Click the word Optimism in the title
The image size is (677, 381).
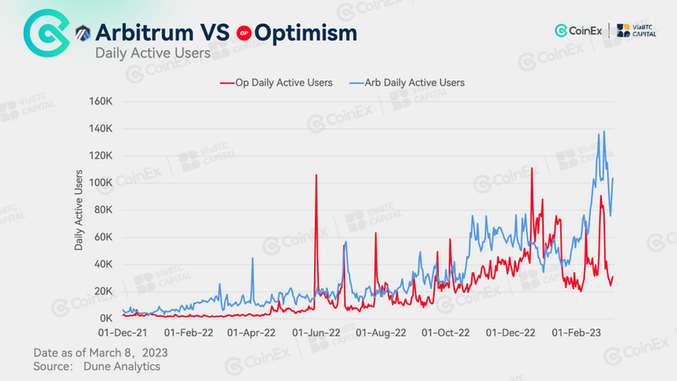click(x=306, y=32)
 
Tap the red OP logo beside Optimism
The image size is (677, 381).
click(x=244, y=33)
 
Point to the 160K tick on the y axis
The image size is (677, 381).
click(x=101, y=101)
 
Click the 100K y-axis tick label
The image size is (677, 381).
click(x=101, y=182)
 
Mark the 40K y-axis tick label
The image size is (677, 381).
click(x=104, y=264)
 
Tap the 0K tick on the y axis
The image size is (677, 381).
click(x=107, y=318)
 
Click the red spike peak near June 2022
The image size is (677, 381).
click(x=316, y=175)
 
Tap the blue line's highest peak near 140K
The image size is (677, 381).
click(x=603, y=132)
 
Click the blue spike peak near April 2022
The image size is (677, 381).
click(x=252, y=258)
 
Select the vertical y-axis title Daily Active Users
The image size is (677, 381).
click(x=79, y=209)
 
